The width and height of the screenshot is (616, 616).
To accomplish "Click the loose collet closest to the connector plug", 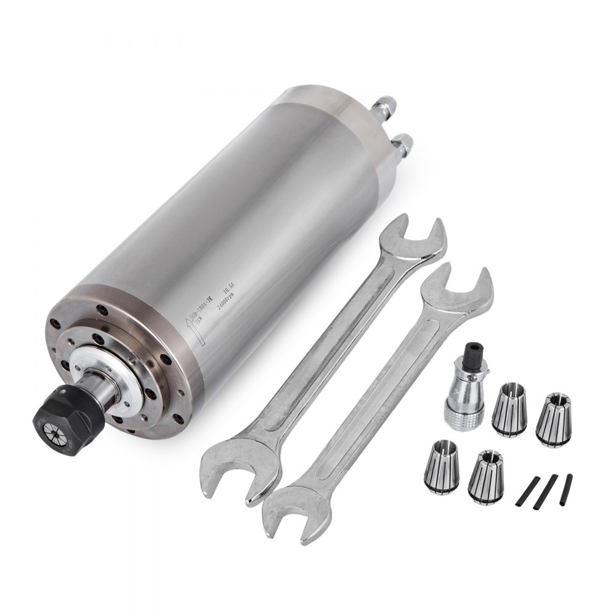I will tap(509, 409).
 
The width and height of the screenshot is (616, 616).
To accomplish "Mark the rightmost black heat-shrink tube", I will tap(566, 489).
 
